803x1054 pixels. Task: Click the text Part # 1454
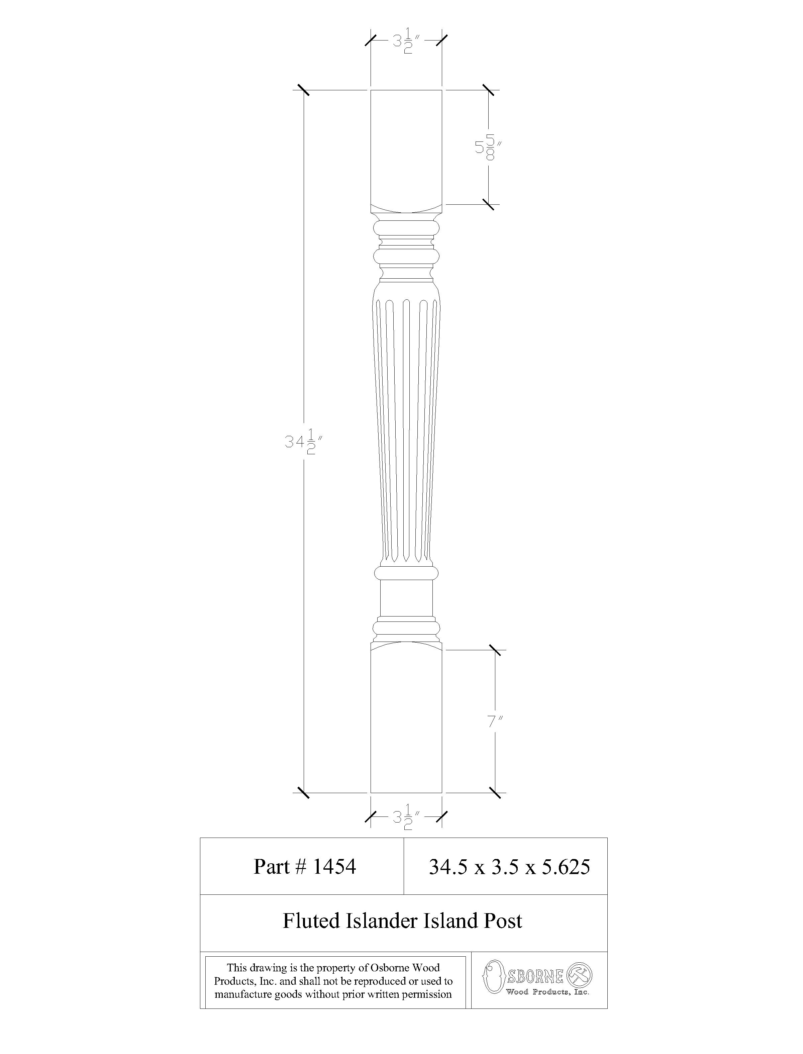click(x=304, y=866)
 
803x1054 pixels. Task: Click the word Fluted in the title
click(x=309, y=921)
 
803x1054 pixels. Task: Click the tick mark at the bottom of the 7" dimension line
click(x=495, y=792)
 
